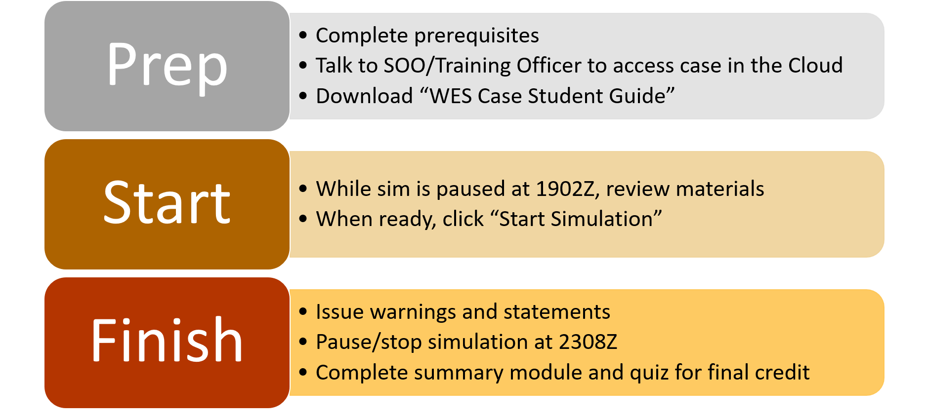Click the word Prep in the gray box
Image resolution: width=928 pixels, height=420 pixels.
[167, 66]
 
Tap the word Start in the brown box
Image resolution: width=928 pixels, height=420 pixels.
[167, 202]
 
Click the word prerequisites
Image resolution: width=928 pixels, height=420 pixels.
[476, 36]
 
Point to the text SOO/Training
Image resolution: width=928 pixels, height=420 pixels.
[448, 66]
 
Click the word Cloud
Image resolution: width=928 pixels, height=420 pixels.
[815, 65]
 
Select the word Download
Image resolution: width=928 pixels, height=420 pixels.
[364, 96]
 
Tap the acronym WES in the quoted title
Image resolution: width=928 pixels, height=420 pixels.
[451, 96]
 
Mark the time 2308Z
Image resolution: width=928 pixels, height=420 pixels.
[588, 342]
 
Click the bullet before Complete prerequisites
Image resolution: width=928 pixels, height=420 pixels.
[303, 36]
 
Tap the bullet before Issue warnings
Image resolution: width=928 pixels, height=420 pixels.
[303, 312]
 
